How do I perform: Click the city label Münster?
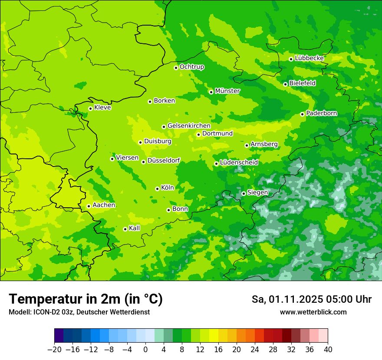tap(227, 91)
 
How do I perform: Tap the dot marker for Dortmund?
tap(198, 134)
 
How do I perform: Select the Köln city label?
tap(168, 188)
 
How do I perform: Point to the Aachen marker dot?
tap(89, 206)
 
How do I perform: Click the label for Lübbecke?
tap(310, 58)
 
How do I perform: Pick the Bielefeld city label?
tap(303, 83)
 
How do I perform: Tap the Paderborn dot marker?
tap(302, 114)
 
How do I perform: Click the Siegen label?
tap(258, 193)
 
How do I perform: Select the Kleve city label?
tap(103, 108)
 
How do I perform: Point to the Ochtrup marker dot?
tap(176, 68)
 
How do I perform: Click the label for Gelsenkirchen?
tap(189, 126)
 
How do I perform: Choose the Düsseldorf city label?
tap(164, 161)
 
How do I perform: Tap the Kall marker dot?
tap(125, 229)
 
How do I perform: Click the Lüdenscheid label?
tap(239, 163)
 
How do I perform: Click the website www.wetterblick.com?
tap(313, 312)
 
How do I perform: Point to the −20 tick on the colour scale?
tap(54, 350)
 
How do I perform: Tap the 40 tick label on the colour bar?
tap(328, 350)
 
